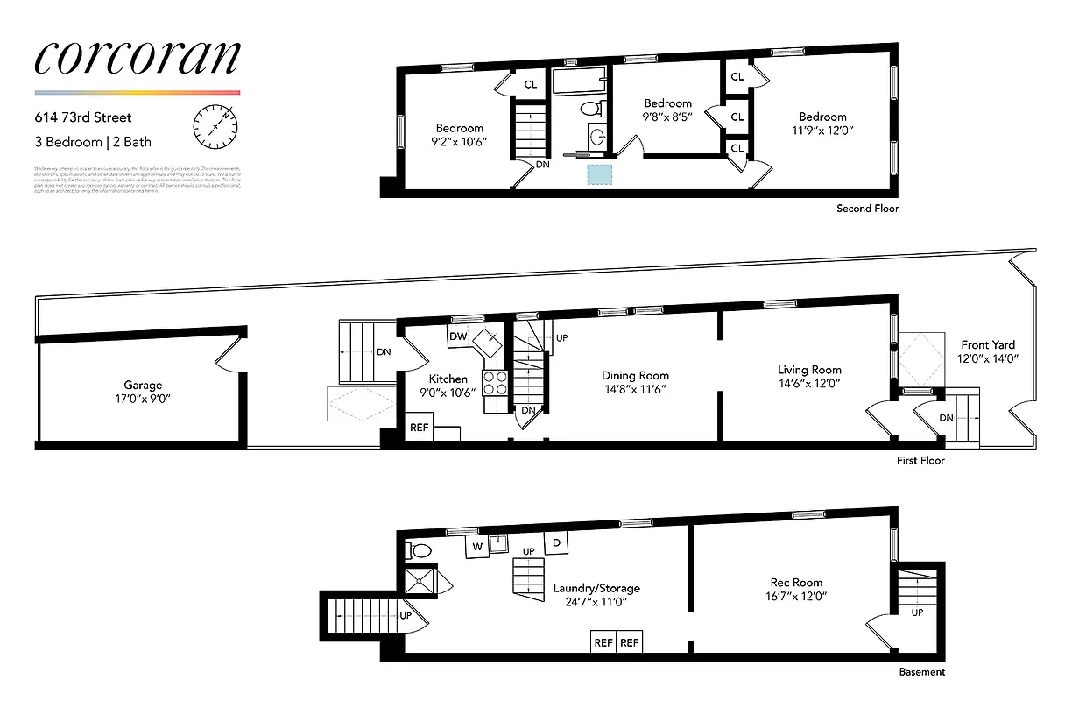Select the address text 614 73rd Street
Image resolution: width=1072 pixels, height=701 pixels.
(x=83, y=117)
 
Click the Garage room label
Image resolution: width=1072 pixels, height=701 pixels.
(x=142, y=385)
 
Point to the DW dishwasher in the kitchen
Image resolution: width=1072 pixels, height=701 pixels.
(x=457, y=336)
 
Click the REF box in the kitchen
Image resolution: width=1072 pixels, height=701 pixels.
(x=419, y=429)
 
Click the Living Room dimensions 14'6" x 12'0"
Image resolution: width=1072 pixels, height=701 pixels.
(x=808, y=383)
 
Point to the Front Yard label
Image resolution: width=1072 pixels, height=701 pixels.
(x=988, y=344)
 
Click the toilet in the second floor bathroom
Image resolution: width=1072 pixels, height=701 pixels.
(x=591, y=109)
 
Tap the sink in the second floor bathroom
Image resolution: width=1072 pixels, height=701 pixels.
(x=597, y=137)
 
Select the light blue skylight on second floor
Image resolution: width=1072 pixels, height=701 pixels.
(x=599, y=173)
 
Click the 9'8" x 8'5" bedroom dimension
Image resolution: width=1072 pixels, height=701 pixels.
(x=667, y=117)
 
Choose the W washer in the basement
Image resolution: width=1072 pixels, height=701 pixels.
(x=477, y=546)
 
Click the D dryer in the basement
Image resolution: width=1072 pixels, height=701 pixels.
(x=557, y=543)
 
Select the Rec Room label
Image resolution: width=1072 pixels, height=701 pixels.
(x=796, y=582)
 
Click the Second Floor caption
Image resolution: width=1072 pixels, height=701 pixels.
(x=867, y=209)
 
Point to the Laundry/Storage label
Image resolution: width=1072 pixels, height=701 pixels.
(x=596, y=588)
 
